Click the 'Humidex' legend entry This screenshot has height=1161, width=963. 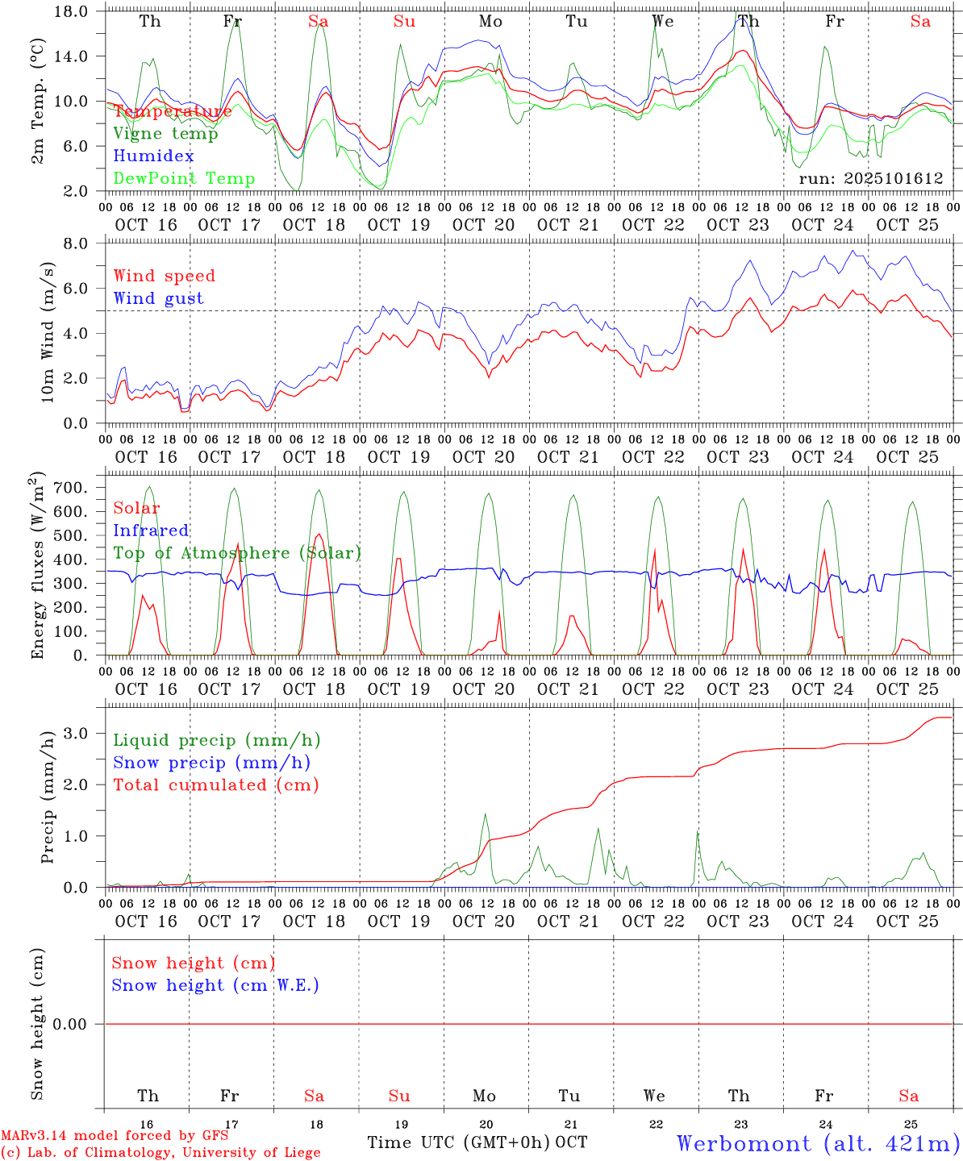point(153,156)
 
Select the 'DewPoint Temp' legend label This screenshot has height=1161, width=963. point(184,179)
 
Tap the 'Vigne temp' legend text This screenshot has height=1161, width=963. point(165,134)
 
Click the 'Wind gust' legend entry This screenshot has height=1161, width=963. point(158,298)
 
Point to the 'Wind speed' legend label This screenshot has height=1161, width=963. point(165,276)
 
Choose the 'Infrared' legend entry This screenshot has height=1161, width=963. point(151,531)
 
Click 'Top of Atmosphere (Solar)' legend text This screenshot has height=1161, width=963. point(237,553)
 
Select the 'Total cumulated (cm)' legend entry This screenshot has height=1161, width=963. point(216,785)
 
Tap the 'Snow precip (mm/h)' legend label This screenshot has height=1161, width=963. point(212,763)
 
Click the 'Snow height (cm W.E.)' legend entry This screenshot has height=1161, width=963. point(215,985)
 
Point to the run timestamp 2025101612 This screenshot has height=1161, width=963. point(871,179)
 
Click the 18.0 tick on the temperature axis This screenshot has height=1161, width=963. point(74,11)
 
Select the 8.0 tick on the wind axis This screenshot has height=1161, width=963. point(80,243)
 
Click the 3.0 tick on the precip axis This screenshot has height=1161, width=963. point(80,733)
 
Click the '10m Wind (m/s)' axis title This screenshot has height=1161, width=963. point(48,332)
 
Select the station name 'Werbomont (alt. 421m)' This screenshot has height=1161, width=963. point(818,1143)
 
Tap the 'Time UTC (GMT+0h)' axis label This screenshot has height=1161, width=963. point(459,1142)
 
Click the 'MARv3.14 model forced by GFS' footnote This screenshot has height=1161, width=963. point(115,1136)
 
